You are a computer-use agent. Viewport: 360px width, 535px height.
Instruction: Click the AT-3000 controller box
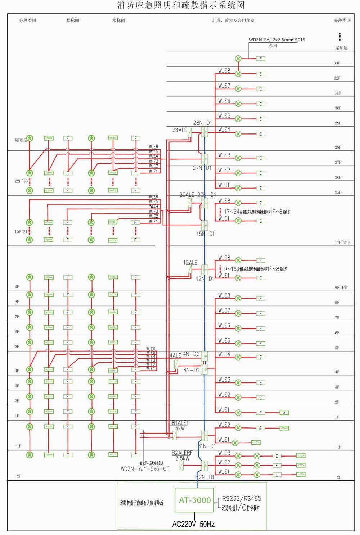194,500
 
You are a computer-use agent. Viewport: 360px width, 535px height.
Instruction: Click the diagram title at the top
181,5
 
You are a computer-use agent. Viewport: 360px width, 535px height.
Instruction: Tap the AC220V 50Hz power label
193,524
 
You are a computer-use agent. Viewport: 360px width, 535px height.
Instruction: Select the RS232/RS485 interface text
242,498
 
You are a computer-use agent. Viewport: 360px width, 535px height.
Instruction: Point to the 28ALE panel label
179,130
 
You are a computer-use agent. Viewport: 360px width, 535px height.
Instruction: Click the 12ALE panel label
190,263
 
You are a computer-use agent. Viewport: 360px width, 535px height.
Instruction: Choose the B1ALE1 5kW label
180,426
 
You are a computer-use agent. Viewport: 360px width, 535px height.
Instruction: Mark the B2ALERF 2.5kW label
182,456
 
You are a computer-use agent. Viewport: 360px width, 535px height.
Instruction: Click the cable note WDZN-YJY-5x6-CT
145,469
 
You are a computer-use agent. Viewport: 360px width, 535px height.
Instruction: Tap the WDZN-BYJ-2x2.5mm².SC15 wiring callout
277,40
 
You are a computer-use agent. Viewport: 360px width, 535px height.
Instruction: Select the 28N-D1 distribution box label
203,123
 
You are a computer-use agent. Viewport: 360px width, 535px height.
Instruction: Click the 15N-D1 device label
206,234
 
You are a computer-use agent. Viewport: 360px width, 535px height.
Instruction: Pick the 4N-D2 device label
191,354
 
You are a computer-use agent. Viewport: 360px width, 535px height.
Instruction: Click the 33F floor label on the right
337,63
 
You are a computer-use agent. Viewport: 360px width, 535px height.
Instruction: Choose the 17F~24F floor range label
342,242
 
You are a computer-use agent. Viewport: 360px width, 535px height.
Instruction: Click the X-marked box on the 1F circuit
284,413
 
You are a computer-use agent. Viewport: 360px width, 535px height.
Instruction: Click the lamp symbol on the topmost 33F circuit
238,59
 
